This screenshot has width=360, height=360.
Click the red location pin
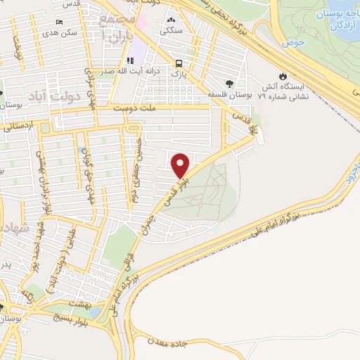click(181, 165)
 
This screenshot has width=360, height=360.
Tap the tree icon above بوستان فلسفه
click(229, 83)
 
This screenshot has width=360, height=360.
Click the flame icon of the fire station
click(283, 75)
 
